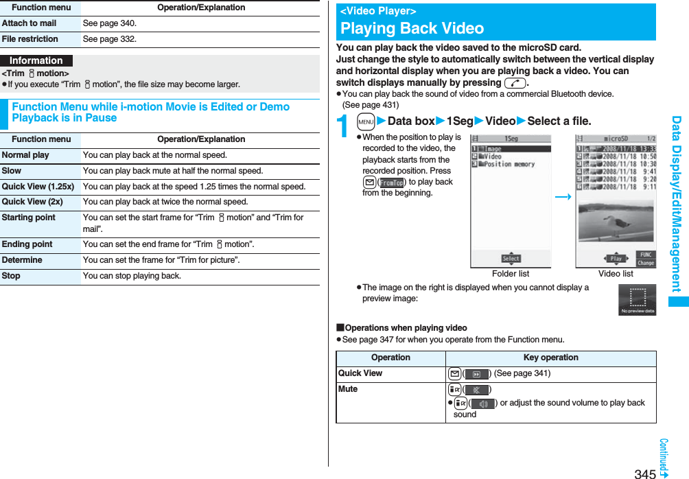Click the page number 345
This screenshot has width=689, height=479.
[x=645, y=474]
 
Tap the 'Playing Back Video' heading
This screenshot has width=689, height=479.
[x=412, y=28]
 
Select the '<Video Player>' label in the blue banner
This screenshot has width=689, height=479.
[x=378, y=11]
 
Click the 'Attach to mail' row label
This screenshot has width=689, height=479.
[x=30, y=23]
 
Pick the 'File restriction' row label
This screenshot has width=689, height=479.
[x=30, y=39]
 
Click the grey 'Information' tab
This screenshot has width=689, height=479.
[x=36, y=60]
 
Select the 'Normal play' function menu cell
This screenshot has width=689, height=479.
[x=25, y=155]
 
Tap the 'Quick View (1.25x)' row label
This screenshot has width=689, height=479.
[x=38, y=187]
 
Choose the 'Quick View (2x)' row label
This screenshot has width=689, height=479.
[x=32, y=202]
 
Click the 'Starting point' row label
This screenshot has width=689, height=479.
[x=29, y=218]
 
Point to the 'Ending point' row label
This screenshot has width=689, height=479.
[x=27, y=244]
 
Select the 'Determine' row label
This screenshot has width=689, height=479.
[x=22, y=260]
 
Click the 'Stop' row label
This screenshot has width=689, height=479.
[x=11, y=276]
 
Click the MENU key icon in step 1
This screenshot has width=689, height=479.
[x=366, y=121]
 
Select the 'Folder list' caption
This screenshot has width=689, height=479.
[x=511, y=274]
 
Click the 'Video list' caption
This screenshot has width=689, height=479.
[x=616, y=274]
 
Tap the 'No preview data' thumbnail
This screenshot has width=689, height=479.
[x=637, y=300]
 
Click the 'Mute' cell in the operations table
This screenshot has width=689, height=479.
[x=348, y=389]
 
